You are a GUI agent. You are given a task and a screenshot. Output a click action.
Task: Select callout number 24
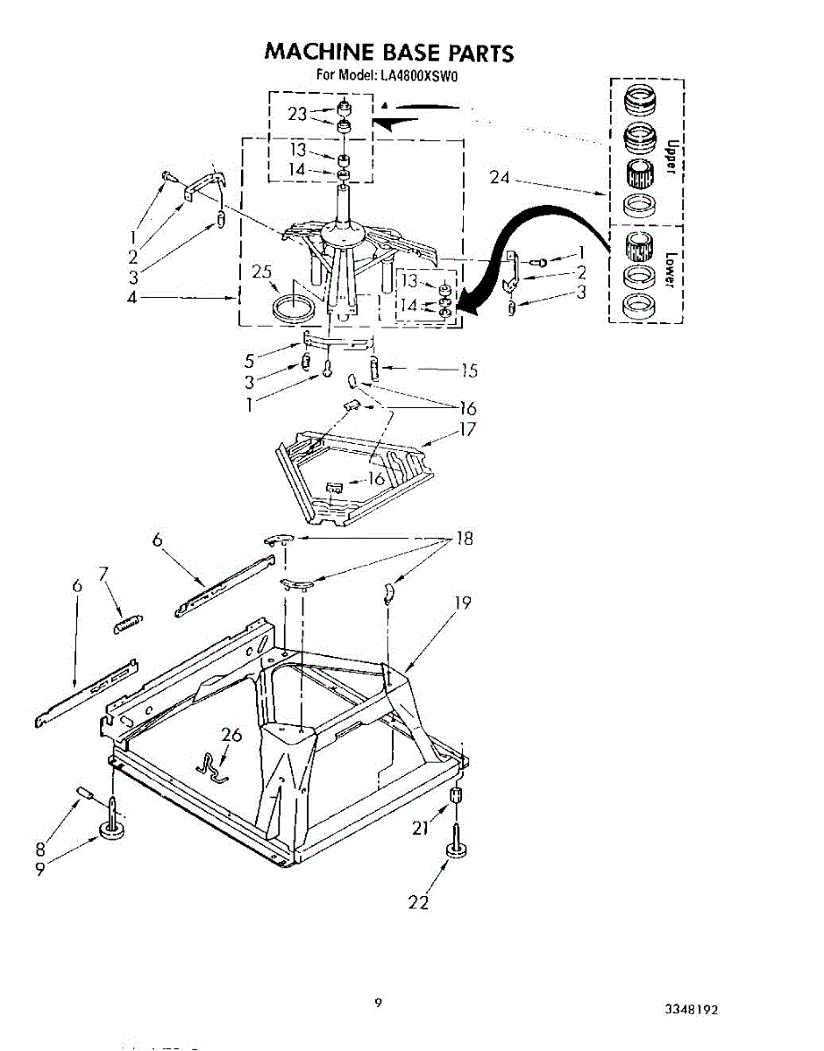pyautogui.click(x=500, y=179)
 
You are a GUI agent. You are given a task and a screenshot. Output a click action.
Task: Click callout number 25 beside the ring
pyautogui.click(x=262, y=272)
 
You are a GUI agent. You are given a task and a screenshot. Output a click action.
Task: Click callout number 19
pyautogui.click(x=463, y=603)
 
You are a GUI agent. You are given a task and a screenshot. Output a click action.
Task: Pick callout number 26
pyautogui.click(x=231, y=735)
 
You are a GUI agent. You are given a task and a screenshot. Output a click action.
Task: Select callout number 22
pyautogui.click(x=419, y=903)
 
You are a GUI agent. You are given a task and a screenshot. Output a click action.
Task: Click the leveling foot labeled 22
pyautogui.click(x=457, y=850)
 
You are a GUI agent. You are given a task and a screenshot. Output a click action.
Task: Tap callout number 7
pyautogui.click(x=103, y=574)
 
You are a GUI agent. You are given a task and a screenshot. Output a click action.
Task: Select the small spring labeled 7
pyautogui.click(x=129, y=624)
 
